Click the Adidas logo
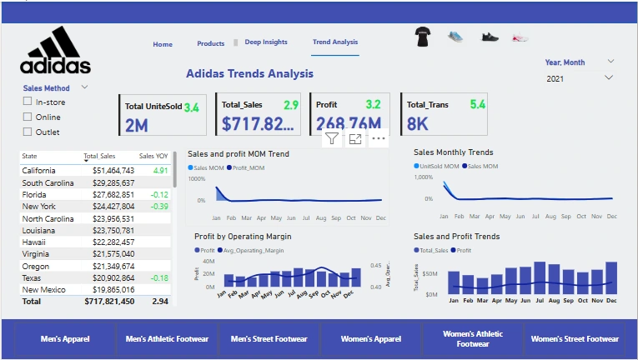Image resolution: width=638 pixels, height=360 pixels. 56,52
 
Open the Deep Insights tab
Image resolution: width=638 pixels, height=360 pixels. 266,42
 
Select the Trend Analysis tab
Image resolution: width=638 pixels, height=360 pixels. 335,42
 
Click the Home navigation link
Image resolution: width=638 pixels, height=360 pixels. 163,44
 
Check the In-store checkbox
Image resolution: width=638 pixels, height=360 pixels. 28,102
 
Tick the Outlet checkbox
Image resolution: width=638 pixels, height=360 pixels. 28,132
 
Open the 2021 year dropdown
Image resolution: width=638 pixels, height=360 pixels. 609,78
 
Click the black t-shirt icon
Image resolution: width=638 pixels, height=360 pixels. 422,37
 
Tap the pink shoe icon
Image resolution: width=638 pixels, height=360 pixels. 520,37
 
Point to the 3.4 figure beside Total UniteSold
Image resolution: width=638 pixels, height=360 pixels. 191,107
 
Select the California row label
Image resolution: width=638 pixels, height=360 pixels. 39,170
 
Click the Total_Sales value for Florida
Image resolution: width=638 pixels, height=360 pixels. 114,194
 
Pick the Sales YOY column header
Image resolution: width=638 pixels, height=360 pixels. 153,156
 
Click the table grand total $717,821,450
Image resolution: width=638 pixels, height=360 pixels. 109,301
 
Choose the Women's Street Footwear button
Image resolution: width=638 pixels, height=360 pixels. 575,339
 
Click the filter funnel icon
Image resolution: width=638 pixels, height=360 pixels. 332,139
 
